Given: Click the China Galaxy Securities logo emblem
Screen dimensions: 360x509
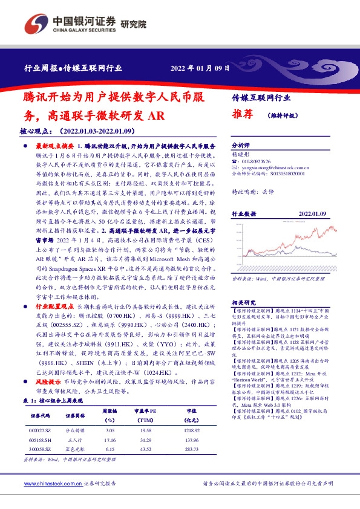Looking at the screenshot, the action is tap(36, 24).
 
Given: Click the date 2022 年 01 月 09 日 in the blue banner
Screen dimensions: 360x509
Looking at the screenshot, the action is tap(200, 68).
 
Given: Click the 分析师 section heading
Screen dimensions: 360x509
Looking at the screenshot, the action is tap(241, 146).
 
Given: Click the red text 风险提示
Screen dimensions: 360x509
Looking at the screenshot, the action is tap(48, 383).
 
